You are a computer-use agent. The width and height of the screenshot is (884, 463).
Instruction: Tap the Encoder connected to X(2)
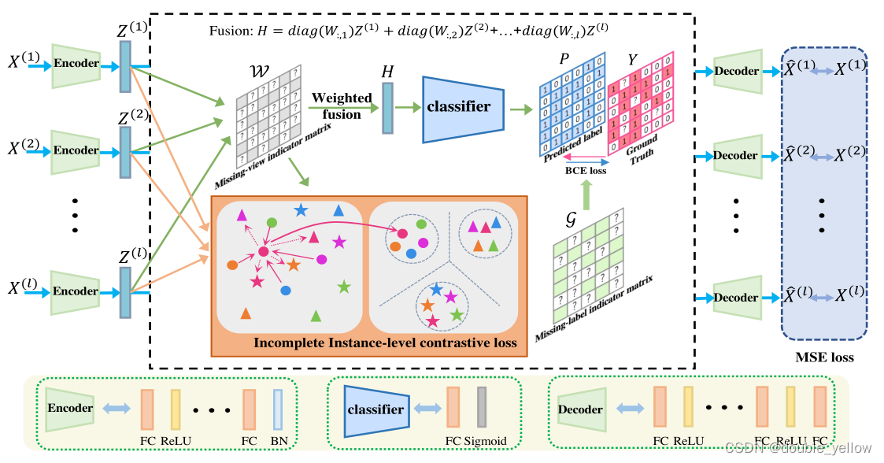pos(76,150)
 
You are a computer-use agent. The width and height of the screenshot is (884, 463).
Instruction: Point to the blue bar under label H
pos(387,109)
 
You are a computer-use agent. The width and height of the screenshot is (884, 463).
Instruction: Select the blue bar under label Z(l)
pos(125,292)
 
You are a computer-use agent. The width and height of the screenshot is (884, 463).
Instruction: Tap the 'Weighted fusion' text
pos(342,106)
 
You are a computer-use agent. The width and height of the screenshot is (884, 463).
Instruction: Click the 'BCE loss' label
pos(586,170)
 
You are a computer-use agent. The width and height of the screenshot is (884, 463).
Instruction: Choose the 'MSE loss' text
pos(824,357)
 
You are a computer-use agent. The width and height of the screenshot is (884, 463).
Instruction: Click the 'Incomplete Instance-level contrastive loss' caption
pos(385,343)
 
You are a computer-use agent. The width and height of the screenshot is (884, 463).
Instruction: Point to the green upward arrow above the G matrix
pos(585,193)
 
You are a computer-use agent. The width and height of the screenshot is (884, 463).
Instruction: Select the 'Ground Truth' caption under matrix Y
pos(642,151)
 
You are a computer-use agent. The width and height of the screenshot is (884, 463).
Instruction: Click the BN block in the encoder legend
pos(277,409)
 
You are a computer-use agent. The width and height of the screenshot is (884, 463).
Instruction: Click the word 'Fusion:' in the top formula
pos(227,31)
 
